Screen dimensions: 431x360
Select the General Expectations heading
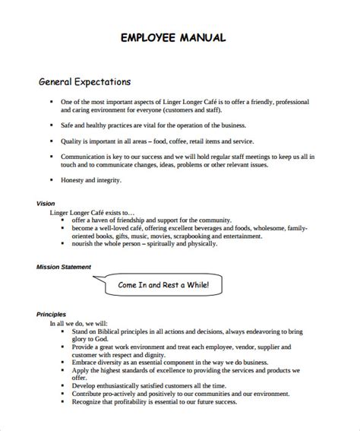(x=84, y=81)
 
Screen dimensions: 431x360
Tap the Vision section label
(x=46, y=204)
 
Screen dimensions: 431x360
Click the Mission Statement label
(x=64, y=267)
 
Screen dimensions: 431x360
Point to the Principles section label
(x=52, y=314)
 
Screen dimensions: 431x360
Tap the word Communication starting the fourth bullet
(x=87, y=155)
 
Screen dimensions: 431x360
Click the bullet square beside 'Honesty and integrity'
(x=51, y=180)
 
